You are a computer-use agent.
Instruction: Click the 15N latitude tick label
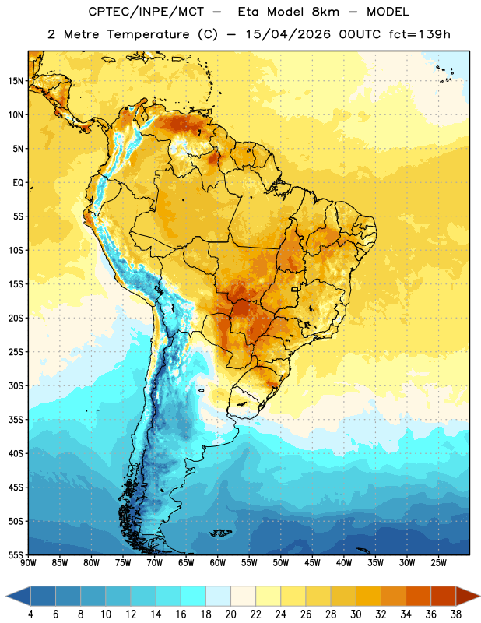(x=16, y=81)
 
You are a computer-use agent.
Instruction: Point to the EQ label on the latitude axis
(x=18, y=183)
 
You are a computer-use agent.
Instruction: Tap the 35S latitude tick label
(x=16, y=420)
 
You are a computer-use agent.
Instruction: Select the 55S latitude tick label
(x=16, y=554)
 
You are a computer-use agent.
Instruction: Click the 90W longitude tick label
(x=29, y=563)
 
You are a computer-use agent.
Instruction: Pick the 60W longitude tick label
(x=218, y=563)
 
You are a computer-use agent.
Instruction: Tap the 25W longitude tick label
(x=438, y=563)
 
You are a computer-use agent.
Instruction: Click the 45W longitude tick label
(x=312, y=563)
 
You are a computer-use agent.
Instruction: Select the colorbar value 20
(x=230, y=614)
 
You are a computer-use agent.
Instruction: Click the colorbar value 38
(x=456, y=614)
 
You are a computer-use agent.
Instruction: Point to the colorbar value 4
(x=30, y=614)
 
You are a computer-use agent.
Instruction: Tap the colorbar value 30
(x=356, y=614)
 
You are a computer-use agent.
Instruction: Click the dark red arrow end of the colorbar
(x=467, y=597)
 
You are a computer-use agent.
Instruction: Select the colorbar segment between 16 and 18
(x=194, y=597)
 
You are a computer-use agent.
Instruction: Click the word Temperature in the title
(x=148, y=34)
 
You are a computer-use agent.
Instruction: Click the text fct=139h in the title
(x=420, y=34)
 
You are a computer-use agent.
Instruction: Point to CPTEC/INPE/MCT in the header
(x=146, y=12)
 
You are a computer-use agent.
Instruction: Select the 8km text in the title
(x=325, y=12)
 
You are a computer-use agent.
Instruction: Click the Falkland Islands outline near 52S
(x=220, y=533)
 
